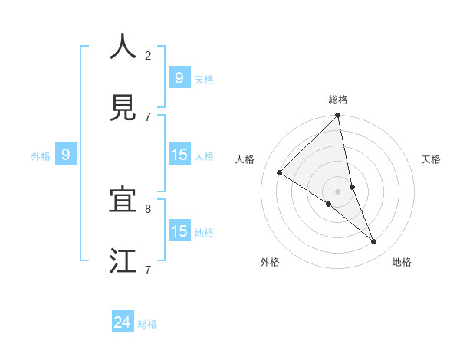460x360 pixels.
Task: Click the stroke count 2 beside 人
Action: [148, 55]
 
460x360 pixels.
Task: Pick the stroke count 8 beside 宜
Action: [148, 208]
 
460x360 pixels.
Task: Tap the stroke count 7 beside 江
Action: [148, 270]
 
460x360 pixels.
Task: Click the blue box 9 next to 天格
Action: [179, 77]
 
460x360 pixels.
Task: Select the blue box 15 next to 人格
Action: [179, 155]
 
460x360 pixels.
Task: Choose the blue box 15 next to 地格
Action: [179, 231]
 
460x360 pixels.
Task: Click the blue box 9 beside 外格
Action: [66, 155]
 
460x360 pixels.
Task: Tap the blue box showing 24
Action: [123, 322]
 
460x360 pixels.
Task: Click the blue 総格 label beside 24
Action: [147, 324]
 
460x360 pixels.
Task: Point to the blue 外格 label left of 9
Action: [41, 156]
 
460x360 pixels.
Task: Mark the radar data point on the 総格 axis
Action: [338, 116]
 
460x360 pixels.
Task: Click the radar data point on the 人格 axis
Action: [280, 173]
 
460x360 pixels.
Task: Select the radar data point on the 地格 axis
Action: [374, 242]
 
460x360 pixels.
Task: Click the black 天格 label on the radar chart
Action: [432, 159]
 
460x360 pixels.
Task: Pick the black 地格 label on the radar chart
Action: [402, 263]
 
